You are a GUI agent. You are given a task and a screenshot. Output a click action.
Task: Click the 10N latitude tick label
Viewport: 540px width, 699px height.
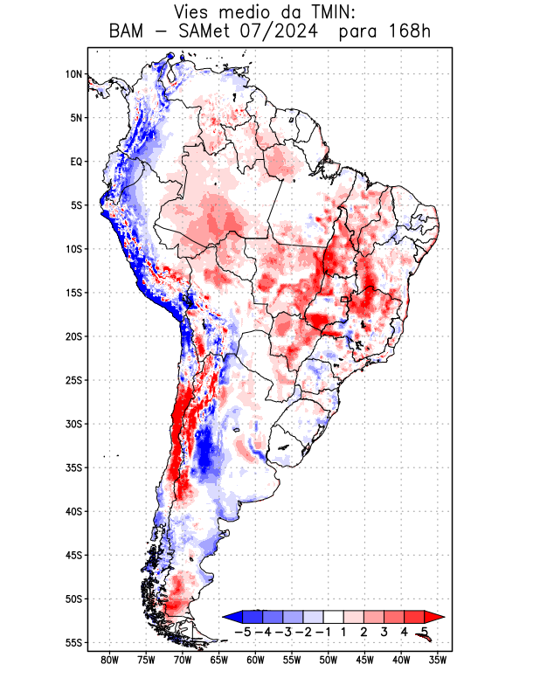[x=73, y=74]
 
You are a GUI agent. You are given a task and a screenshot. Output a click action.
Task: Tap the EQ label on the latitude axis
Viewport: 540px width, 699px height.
[x=76, y=162]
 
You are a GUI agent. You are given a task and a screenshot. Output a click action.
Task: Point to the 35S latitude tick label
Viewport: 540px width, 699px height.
[x=73, y=467]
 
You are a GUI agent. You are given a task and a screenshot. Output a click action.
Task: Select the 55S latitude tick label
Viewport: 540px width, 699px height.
[x=73, y=642]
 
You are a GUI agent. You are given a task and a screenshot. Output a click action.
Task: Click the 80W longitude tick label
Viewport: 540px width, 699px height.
[x=110, y=660]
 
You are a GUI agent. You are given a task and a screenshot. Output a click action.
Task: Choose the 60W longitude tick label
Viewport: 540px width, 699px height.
[x=256, y=660]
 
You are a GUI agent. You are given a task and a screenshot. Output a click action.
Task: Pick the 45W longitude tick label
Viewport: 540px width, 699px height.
[x=365, y=660]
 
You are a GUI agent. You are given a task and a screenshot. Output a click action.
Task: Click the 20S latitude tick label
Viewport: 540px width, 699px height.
[x=73, y=336]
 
